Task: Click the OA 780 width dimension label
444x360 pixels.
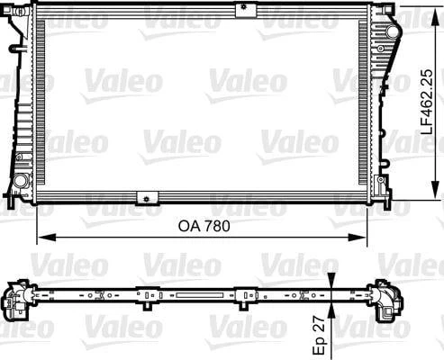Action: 202,227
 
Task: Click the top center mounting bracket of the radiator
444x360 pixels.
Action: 241,10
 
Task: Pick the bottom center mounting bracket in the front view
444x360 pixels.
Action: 144,197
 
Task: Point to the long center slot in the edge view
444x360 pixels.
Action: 194,294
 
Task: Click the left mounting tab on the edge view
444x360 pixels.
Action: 144,292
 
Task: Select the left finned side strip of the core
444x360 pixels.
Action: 39,103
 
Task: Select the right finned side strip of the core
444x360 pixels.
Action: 365,103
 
